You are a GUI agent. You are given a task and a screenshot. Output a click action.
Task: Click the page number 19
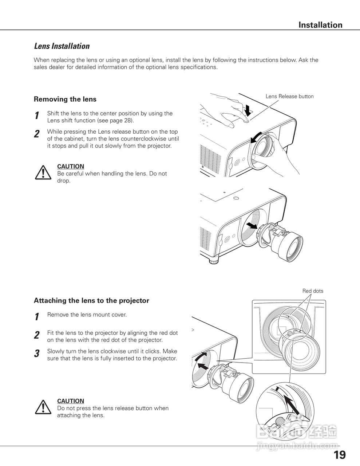point(339,455)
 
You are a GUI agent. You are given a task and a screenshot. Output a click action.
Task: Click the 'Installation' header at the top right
point(320,25)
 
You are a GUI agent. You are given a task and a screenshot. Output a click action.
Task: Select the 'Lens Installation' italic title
point(62,46)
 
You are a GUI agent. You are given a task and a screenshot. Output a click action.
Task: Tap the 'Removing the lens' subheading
point(65,99)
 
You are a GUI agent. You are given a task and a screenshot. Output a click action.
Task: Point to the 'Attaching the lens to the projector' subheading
point(91,301)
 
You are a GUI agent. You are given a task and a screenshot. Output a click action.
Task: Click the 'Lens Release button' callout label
point(289,96)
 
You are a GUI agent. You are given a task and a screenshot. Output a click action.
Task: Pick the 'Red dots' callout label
point(313,291)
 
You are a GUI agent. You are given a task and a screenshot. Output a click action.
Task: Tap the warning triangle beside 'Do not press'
point(43,407)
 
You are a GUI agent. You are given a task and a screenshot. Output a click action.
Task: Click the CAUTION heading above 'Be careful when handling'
point(71,166)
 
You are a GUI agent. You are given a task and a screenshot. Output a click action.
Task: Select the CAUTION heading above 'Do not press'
point(71,401)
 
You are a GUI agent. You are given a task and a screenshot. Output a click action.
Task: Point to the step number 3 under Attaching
point(37,354)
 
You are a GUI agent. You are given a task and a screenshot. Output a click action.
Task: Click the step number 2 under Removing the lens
point(37,134)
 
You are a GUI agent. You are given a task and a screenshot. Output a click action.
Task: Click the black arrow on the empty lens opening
point(251,226)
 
